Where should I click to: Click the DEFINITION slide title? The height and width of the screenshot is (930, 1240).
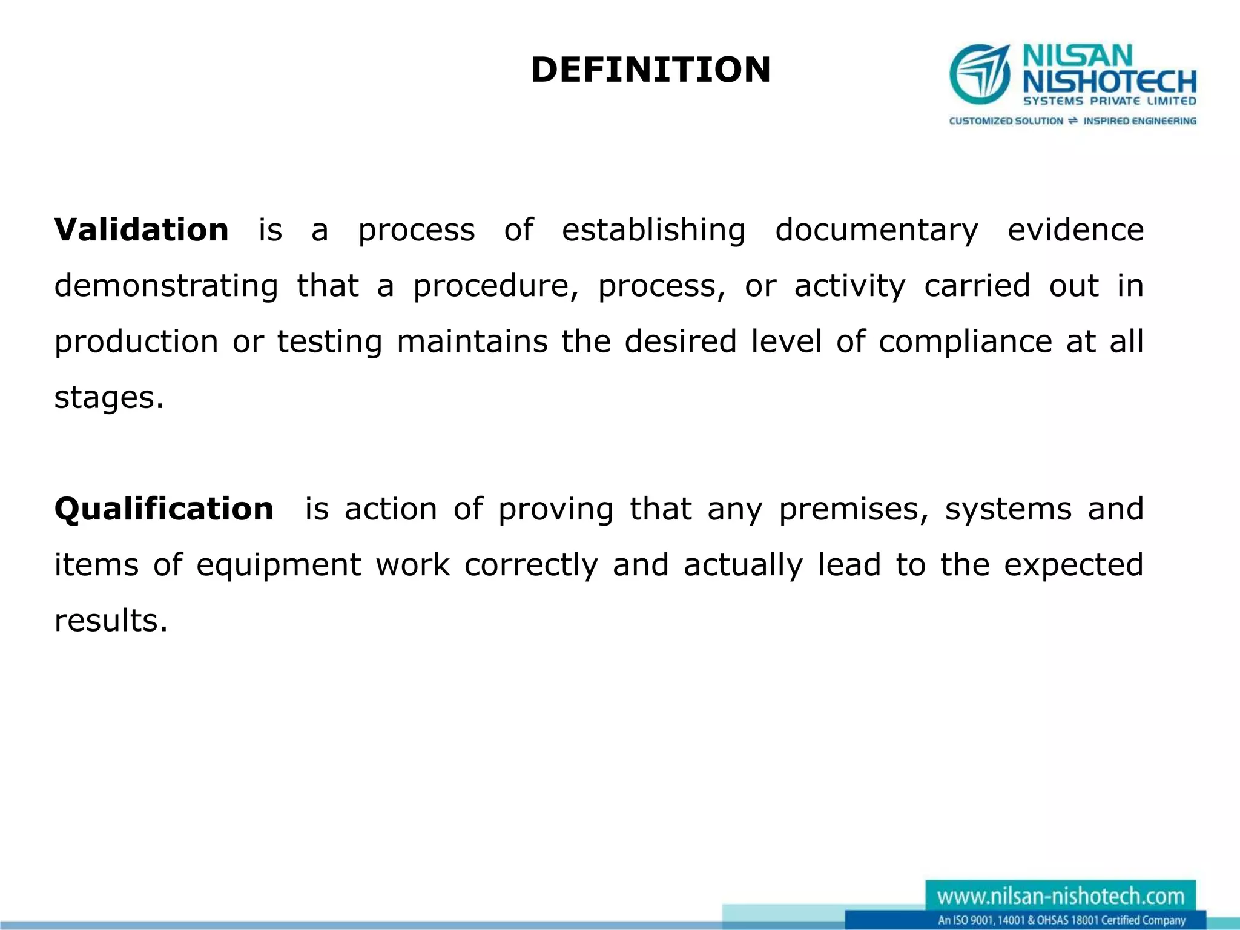click(x=650, y=70)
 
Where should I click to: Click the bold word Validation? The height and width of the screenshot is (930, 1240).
click(x=142, y=230)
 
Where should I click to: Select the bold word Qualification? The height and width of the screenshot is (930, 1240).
click(x=164, y=509)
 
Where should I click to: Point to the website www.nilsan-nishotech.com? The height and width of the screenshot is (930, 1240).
click(x=1061, y=896)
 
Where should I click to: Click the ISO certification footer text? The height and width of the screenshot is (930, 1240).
click(x=1061, y=920)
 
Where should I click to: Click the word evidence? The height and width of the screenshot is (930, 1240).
click(x=1075, y=230)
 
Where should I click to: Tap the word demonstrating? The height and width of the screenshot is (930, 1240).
click(x=167, y=286)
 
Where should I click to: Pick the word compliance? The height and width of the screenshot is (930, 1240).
click(x=965, y=342)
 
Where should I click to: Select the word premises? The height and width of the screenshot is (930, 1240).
click(x=853, y=509)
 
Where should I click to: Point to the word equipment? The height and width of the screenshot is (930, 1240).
click(x=279, y=566)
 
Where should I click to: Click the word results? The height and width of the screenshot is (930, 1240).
click(x=111, y=621)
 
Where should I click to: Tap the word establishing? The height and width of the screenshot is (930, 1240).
click(x=653, y=230)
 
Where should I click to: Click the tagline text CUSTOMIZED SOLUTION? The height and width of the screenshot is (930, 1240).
click(x=1006, y=121)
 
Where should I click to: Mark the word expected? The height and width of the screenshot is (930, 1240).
click(x=1073, y=566)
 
